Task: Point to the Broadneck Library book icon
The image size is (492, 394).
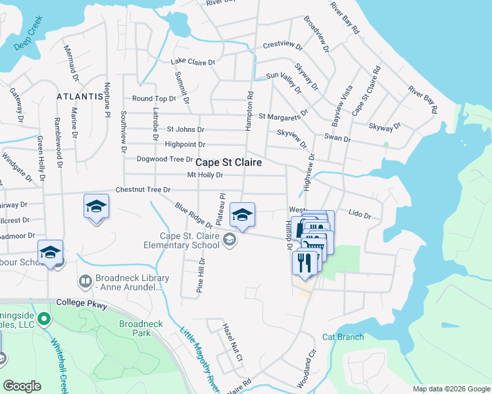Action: pyautogui.click(x=85, y=282)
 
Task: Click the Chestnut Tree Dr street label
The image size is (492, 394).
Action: pyautogui.click(x=143, y=190)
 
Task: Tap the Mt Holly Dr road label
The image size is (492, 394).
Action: pyautogui.click(x=205, y=175)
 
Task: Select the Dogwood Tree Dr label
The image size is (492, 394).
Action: pyautogui.click(x=164, y=159)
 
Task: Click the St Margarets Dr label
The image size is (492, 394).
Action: pyautogui.click(x=283, y=116)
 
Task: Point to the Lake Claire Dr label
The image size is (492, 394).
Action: pyautogui.click(x=193, y=62)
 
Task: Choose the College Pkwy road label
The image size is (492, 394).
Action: pyautogui.click(x=81, y=302)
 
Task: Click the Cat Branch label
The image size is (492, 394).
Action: pyautogui.click(x=343, y=337)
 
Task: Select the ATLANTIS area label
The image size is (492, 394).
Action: pyautogui.click(x=81, y=96)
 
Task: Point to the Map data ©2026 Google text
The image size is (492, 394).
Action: pyautogui.click(x=451, y=389)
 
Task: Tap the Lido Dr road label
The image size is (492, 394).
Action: pyautogui.click(x=360, y=215)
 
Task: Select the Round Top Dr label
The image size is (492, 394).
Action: pyautogui.click(x=154, y=98)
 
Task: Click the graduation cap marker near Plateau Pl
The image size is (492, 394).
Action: pyautogui.click(x=242, y=215)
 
